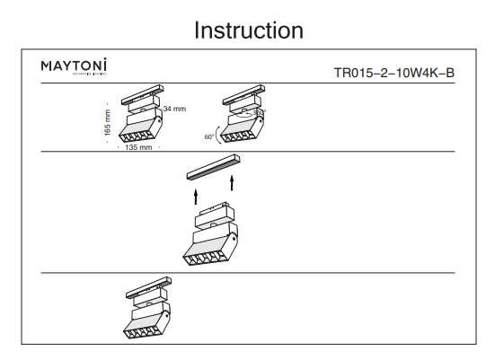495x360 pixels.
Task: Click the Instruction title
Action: point(249,30)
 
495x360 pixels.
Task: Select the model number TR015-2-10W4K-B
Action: point(393,74)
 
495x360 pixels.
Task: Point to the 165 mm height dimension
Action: point(109,121)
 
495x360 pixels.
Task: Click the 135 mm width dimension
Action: point(137,146)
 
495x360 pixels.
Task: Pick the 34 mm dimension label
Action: point(174,109)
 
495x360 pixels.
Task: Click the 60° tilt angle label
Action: point(209,137)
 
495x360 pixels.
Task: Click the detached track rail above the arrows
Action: point(211,167)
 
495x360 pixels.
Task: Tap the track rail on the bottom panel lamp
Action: point(147,289)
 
